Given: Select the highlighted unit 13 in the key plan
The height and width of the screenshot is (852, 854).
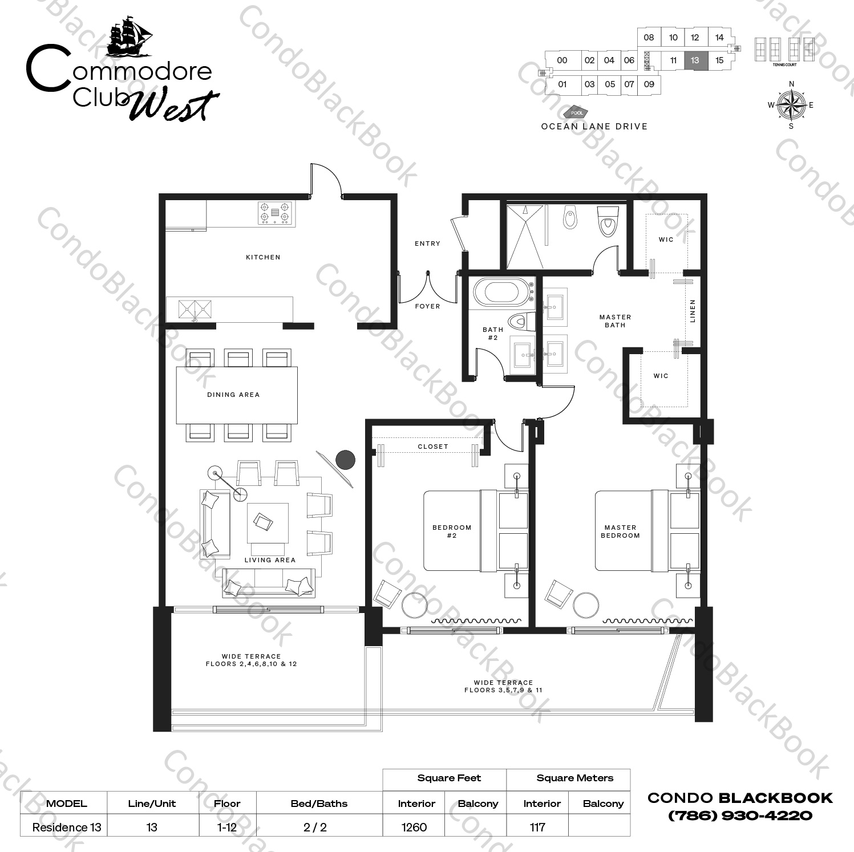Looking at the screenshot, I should click(695, 60).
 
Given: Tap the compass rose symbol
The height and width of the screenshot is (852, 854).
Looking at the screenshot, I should click(791, 105).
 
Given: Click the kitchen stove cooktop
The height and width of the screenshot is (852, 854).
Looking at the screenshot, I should click(276, 213).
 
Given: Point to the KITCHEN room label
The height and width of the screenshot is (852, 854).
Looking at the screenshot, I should click(263, 257).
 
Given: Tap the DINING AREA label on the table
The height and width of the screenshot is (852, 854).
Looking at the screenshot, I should click(233, 395).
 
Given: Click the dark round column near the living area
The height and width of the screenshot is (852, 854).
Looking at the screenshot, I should click(345, 460).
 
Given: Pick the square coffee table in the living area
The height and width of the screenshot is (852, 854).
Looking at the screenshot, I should click(267, 522).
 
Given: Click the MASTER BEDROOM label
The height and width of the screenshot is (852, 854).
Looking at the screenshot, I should click(620, 532).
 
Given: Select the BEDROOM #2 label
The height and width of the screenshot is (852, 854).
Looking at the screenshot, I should click(452, 532).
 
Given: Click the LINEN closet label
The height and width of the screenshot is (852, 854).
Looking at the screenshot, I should click(693, 311).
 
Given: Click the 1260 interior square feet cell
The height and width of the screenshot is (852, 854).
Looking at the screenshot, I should click(414, 827).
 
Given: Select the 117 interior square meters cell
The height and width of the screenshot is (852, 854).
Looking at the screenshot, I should click(537, 827).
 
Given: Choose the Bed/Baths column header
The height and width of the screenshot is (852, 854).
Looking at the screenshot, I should click(319, 804).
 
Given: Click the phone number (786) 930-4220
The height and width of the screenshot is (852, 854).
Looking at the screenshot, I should click(740, 816).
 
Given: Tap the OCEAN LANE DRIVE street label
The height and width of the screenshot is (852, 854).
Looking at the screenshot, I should click(594, 127).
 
